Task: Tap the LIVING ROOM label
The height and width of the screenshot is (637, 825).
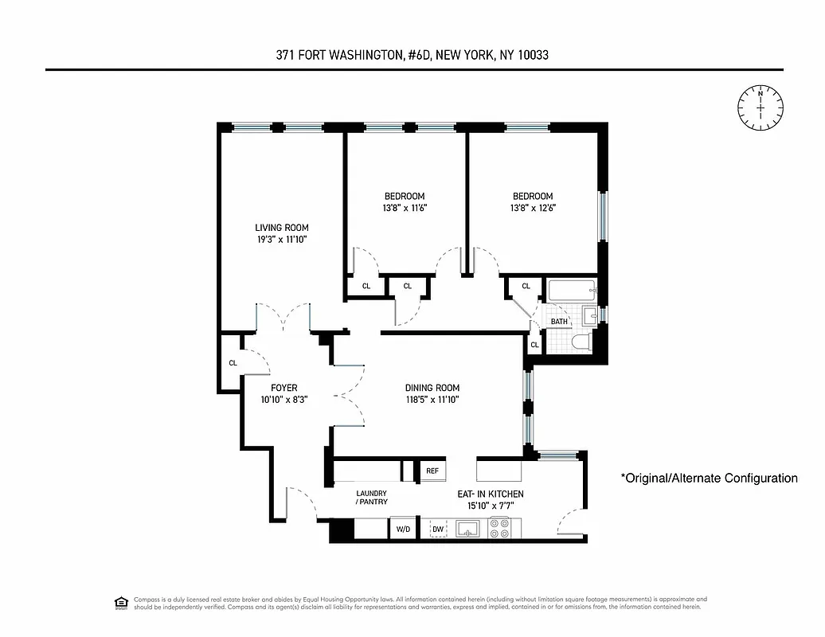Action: [281, 228]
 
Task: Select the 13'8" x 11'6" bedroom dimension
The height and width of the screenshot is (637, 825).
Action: [405, 209]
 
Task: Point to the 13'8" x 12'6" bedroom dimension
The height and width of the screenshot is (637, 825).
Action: [532, 209]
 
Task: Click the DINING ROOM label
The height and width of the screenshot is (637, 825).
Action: [432, 388]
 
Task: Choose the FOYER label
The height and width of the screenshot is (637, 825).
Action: [283, 388]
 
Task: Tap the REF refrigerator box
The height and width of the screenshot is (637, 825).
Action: [432, 471]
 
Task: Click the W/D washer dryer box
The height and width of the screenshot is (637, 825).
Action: [401, 529]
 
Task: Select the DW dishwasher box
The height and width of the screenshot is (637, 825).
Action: [438, 529]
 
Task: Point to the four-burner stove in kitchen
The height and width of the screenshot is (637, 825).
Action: [499, 527]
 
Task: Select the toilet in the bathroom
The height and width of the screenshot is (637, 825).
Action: [579, 342]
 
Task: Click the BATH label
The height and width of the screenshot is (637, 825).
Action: [560, 322]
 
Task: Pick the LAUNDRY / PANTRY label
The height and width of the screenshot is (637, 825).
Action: [371, 498]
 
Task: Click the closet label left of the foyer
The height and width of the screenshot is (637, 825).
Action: [233, 363]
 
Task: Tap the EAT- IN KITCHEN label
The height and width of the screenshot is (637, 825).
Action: [490, 494]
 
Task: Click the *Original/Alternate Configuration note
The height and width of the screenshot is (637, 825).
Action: [709, 479]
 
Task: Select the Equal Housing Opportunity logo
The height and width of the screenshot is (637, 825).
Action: [121, 603]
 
